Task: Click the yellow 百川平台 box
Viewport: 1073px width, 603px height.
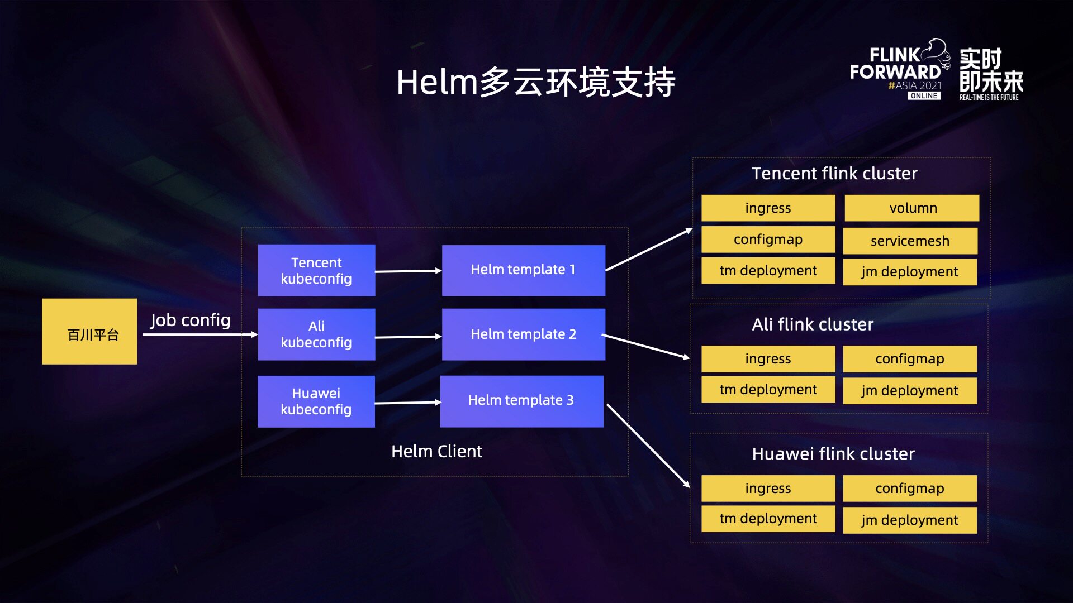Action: pyautogui.click(x=89, y=332)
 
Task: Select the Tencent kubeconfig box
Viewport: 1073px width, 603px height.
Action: pyautogui.click(x=316, y=270)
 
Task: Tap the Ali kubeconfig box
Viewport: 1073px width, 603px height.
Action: pyautogui.click(x=316, y=334)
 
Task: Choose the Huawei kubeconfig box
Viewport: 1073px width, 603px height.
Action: pyautogui.click(x=316, y=401)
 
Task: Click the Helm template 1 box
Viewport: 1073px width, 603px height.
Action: pyautogui.click(x=524, y=270)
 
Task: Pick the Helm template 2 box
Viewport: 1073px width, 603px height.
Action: pyautogui.click(x=524, y=334)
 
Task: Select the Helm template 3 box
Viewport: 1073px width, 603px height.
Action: pyautogui.click(x=522, y=401)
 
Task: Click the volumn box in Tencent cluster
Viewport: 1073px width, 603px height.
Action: pyautogui.click(x=912, y=208)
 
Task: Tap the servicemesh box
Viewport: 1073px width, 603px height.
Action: pyautogui.click(x=910, y=241)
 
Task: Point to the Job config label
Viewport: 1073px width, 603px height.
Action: pyautogui.click(x=190, y=320)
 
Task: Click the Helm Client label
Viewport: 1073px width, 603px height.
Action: pyautogui.click(x=436, y=451)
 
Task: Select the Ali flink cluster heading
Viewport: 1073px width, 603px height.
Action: pyautogui.click(x=813, y=324)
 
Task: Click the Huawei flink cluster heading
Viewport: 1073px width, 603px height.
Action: pyautogui.click(x=833, y=453)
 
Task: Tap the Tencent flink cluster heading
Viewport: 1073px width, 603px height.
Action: pyautogui.click(x=834, y=173)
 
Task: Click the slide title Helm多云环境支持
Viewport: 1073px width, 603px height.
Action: pyautogui.click(x=536, y=82)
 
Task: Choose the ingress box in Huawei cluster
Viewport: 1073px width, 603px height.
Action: pyautogui.click(x=768, y=489)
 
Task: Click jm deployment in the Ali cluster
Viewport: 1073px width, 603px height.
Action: pyautogui.click(x=910, y=391)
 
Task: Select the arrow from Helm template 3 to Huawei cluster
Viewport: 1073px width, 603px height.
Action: pyautogui.click(x=648, y=446)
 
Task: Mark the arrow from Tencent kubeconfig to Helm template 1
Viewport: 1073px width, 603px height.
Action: pyautogui.click(x=409, y=271)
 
